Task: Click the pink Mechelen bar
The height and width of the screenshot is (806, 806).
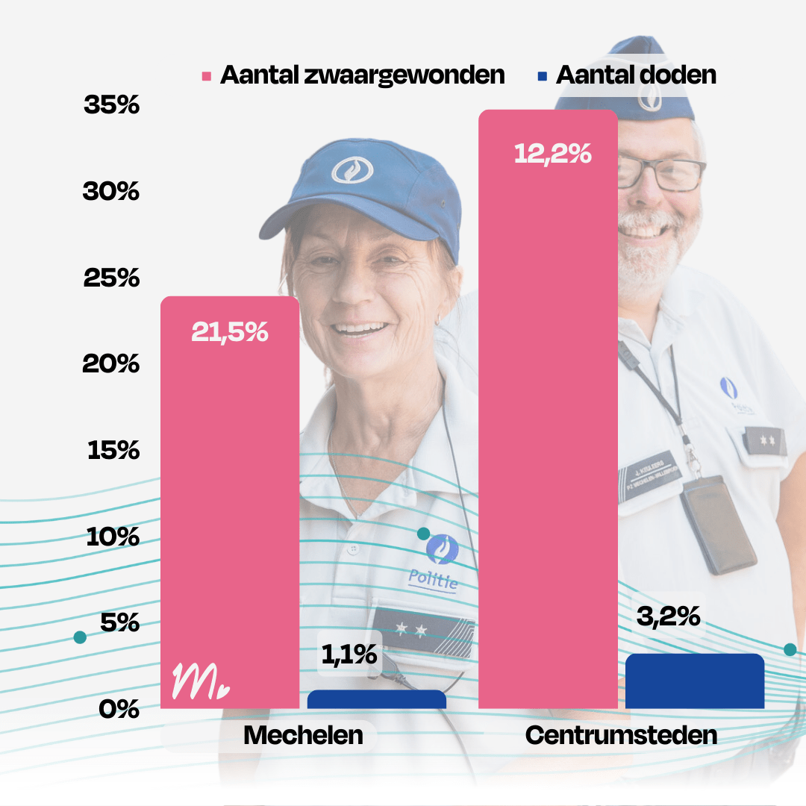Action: [230, 500]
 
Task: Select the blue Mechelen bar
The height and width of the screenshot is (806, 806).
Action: [377, 699]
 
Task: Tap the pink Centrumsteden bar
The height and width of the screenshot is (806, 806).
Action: [548, 418]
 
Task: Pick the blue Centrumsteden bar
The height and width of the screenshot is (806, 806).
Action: [695, 681]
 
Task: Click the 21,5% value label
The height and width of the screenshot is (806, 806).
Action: [230, 332]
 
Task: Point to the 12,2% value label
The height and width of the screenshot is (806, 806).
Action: [553, 154]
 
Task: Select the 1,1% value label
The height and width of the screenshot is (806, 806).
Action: [349, 655]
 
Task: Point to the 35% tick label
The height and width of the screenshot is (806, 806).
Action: [112, 105]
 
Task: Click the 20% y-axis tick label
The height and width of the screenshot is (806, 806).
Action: [112, 364]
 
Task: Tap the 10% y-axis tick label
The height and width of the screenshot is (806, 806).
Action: [113, 537]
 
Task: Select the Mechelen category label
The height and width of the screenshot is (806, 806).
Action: [303, 736]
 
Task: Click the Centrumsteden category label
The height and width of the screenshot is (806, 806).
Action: [621, 736]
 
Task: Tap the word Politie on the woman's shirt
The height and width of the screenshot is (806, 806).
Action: [433, 579]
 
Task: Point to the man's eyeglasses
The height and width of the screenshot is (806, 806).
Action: [661, 175]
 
